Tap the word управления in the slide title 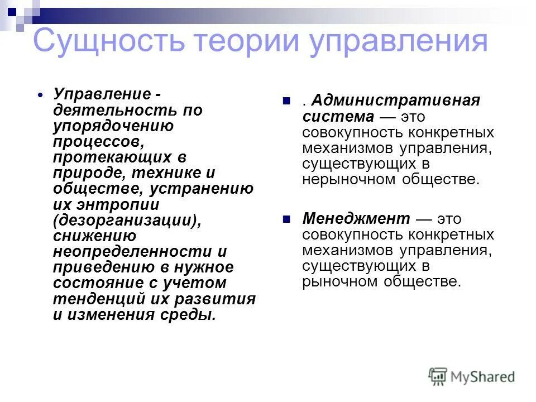(x=400, y=42)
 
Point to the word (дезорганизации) (x=127, y=220)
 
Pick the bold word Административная (x=396, y=101)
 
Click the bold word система (x=338, y=117)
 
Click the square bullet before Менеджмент (x=288, y=219)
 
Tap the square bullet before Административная (x=288, y=102)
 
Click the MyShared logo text (x=483, y=376)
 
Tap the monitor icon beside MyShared (x=438, y=376)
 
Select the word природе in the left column (x=84, y=173)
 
